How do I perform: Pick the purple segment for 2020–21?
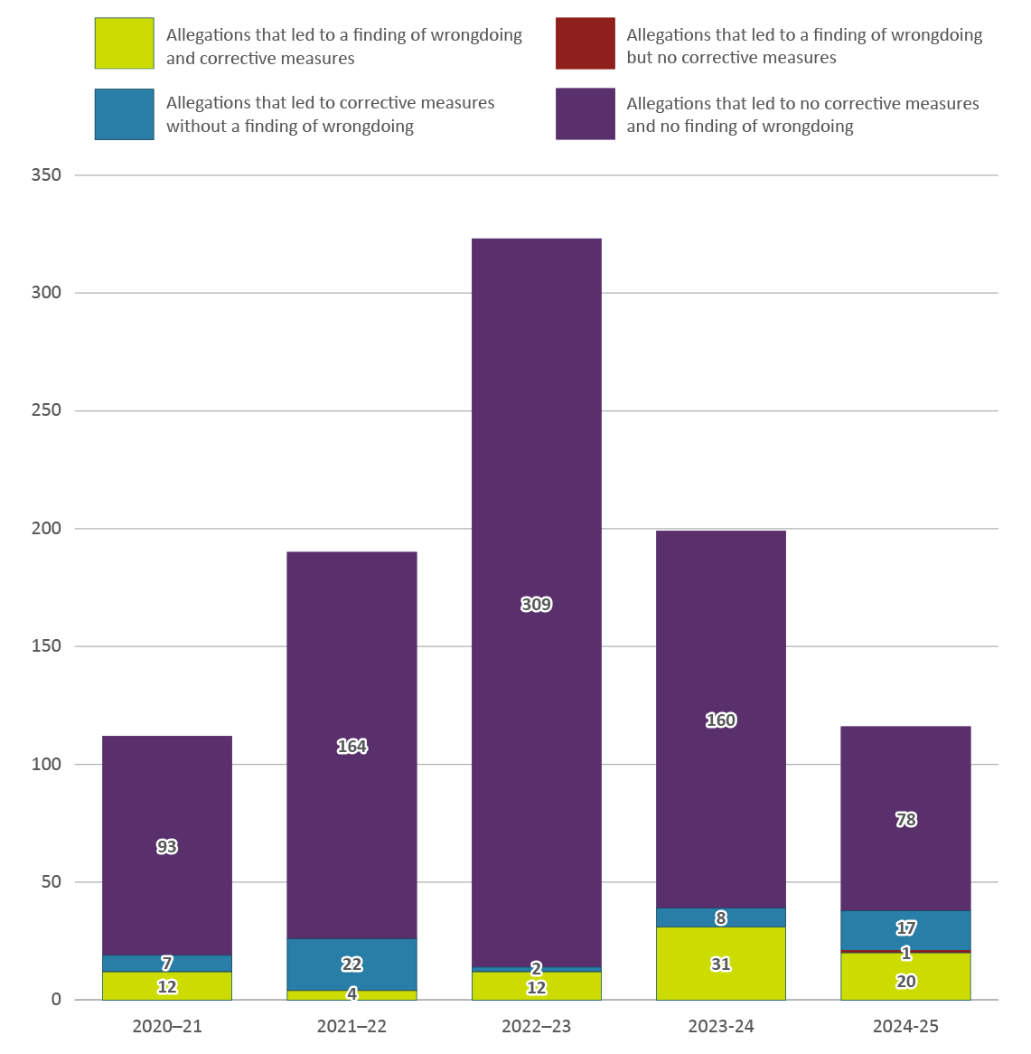point(167,814)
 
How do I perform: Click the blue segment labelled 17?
point(905,930)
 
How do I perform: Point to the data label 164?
point(351,747)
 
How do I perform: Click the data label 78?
point(905,820)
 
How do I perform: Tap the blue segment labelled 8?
point(720,918)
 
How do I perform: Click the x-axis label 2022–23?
point(536,1027)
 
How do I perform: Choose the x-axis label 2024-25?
point(905,1027)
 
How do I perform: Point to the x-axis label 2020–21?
point(167,1027)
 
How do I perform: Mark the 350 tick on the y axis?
point(46,175)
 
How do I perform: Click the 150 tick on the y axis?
point(46,646)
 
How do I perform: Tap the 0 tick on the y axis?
point(56,1000)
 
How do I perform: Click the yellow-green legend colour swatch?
point(124,43)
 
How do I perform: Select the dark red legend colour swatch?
point(585,43)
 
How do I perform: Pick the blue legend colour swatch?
point(124,114)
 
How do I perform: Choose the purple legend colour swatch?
point(585,114)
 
